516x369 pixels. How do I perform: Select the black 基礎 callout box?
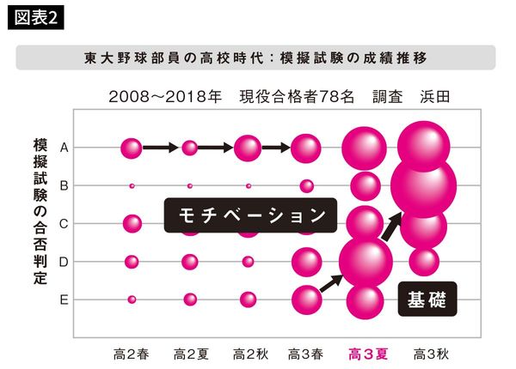click(427, 300)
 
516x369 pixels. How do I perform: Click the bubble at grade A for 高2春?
click(132, 148)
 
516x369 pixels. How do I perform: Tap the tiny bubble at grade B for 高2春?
click(132, 185)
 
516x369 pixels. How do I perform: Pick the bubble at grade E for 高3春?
click(306, 299)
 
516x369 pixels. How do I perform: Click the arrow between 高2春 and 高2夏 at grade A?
click(160, 148)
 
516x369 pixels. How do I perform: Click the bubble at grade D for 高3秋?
click(423, 261)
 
